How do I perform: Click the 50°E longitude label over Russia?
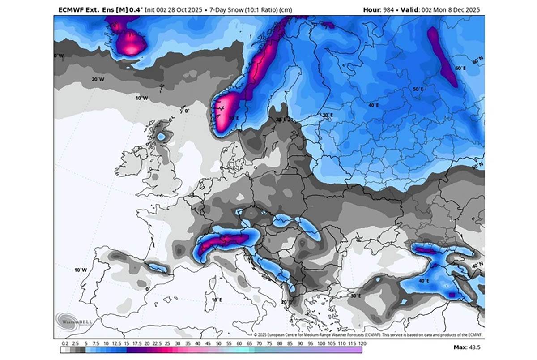click(418, 90)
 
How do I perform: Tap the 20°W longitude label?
click(98, 79)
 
